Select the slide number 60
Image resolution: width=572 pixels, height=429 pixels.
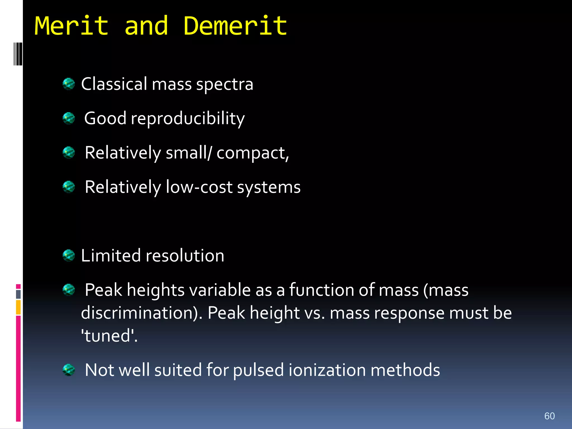tap(549, 416)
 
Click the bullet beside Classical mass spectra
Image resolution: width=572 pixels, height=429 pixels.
tap(69, 84)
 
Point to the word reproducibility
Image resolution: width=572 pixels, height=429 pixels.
tap(188, 118)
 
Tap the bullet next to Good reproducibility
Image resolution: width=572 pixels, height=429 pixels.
tap(69, 118)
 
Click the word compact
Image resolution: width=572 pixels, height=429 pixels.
tap(251, 153)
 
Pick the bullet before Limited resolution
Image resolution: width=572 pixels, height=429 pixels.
tap(69, 255)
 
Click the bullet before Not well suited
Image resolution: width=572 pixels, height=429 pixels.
tap(69, 370)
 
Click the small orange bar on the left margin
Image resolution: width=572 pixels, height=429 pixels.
tap(18, 307)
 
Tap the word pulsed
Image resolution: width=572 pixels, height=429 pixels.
tap(258, 370)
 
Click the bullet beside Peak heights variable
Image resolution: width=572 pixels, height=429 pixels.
tap(69, 290)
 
